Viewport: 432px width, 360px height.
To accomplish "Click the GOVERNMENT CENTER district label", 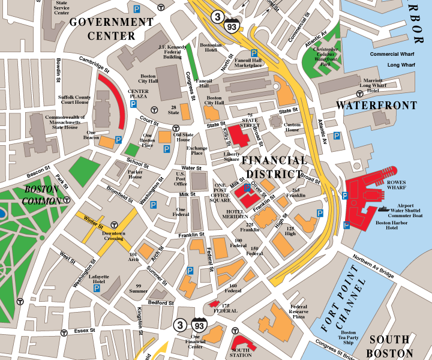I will pyautogui.click(x=111, y=29).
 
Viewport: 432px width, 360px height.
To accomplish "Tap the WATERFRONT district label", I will pyautogui.click(x=376, y=106).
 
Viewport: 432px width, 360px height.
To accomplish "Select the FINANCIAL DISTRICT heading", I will pyautogui.click(x=274, y=167).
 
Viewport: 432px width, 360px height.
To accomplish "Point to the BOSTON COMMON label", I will pyautogui.click(x=41, y=195).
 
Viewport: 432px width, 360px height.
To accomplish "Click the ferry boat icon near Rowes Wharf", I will pyautogui.click(x=384, y=209).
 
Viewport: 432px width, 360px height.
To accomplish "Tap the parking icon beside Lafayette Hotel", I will pyautogui.click(x=97, y=289).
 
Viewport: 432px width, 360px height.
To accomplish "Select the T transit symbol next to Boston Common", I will pyautogui.click(x=68, y=199).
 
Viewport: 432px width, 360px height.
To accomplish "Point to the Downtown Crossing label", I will pyautogui.click(x=113, y=236).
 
